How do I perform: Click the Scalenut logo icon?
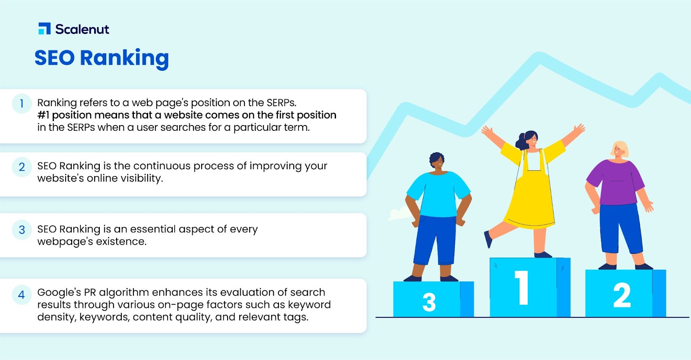[44, 28]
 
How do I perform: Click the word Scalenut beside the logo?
[82, 29]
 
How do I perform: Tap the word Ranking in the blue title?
[124, 59]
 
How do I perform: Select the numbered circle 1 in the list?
[22, 104]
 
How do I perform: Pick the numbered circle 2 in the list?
[22, 167]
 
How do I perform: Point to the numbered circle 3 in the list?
[22, 230]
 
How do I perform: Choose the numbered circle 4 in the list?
[22, 295]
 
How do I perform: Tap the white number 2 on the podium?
[622, 295]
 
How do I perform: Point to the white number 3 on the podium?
[429, 302]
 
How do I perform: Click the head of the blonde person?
[619, 150]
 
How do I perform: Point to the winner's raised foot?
[488, 240]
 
